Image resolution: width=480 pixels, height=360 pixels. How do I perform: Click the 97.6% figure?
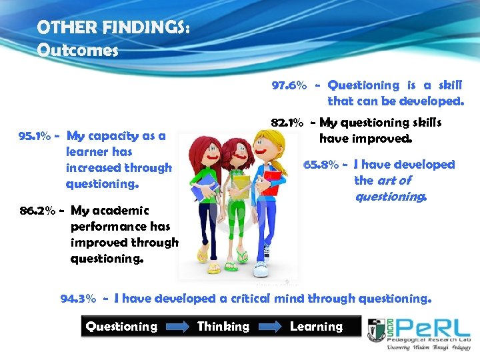pos(289,85)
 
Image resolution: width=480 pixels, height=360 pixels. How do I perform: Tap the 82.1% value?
pos(287,123)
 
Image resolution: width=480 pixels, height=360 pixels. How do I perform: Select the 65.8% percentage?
pos(321,165)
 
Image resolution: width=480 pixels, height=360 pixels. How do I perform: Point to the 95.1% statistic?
pos(35,136)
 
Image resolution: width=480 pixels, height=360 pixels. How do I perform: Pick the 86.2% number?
pos(39,211)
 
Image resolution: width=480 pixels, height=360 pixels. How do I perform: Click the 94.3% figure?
pos(79,299)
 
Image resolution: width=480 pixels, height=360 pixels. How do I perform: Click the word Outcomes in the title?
pos(77,50)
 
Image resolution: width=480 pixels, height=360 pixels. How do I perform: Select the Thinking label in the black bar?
pos(223,327)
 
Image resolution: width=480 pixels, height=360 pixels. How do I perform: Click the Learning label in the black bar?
pos(316,327)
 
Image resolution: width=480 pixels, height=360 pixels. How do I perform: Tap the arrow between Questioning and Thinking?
pos(177,327)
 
